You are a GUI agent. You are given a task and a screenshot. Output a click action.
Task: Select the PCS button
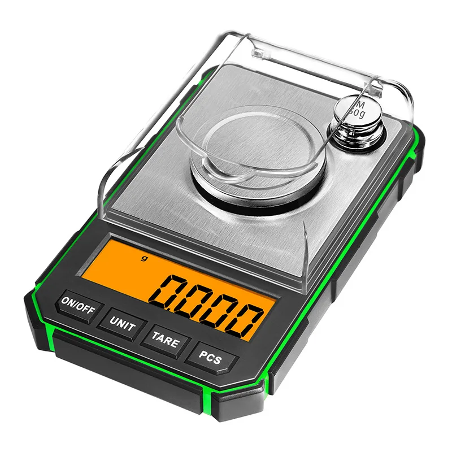(210, 358)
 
